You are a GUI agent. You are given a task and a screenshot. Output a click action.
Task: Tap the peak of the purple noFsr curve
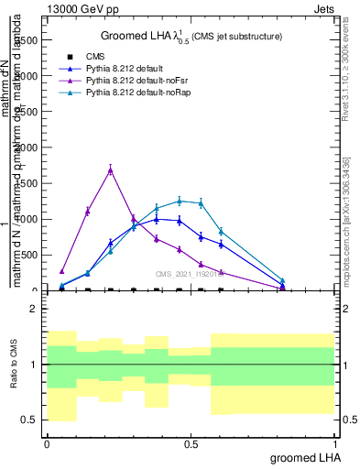coord(110,169)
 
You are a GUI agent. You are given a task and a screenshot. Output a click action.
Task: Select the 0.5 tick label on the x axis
coord(191,443)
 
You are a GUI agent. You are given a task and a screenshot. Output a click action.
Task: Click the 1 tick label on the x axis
coord(335,443)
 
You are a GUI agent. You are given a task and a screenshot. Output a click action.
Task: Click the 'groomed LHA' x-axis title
coord(303,457)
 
